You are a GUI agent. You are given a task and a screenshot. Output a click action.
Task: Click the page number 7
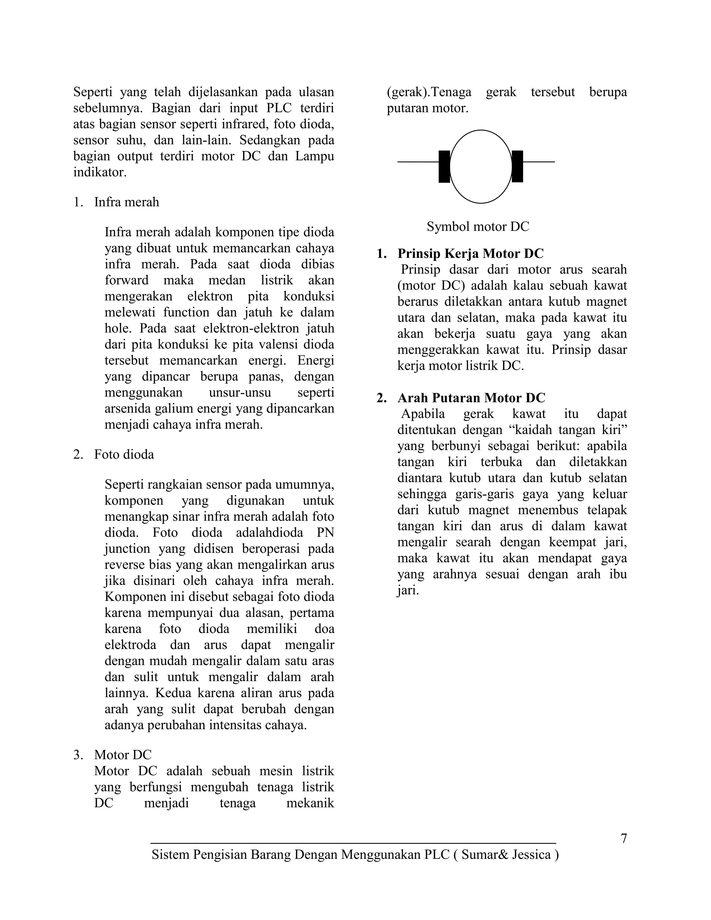tap(624, 839)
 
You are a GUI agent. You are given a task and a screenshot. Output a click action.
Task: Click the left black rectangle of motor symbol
tap(444, 166)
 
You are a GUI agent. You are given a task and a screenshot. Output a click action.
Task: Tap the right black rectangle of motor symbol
tap(517, 166)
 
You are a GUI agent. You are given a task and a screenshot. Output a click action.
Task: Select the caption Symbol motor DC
tap(478, 227)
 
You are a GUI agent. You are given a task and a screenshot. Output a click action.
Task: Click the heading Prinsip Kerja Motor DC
tap(470, 253)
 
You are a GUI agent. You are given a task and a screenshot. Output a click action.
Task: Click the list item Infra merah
tap(126, 202)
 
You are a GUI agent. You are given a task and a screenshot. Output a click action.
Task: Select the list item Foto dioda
tap(124, 454)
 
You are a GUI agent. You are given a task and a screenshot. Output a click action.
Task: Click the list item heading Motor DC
tap(123, 755)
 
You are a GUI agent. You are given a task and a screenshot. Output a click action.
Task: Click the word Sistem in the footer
tap(170, 855)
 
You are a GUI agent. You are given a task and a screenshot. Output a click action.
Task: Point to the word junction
tap(127, 549)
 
